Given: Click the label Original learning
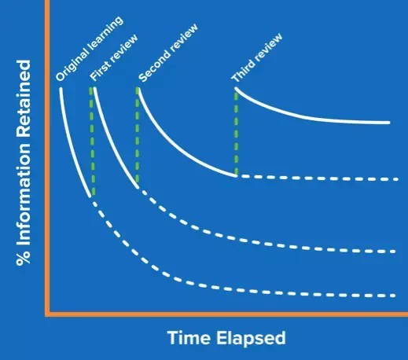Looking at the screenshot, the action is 90,49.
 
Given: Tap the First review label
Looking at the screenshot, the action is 114,57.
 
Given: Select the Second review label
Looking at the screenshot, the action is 168,53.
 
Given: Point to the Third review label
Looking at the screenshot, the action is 257,57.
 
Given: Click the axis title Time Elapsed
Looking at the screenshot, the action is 226,338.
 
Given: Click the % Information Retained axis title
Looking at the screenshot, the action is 24,163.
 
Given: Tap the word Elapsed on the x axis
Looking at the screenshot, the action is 251,338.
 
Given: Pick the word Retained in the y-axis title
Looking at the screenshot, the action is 24,98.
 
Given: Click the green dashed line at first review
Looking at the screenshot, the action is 92,141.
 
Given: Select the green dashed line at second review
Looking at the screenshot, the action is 138,135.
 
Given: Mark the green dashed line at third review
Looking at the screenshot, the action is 236,132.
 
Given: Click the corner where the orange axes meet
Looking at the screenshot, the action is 47,314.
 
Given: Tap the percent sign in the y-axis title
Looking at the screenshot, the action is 24,259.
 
